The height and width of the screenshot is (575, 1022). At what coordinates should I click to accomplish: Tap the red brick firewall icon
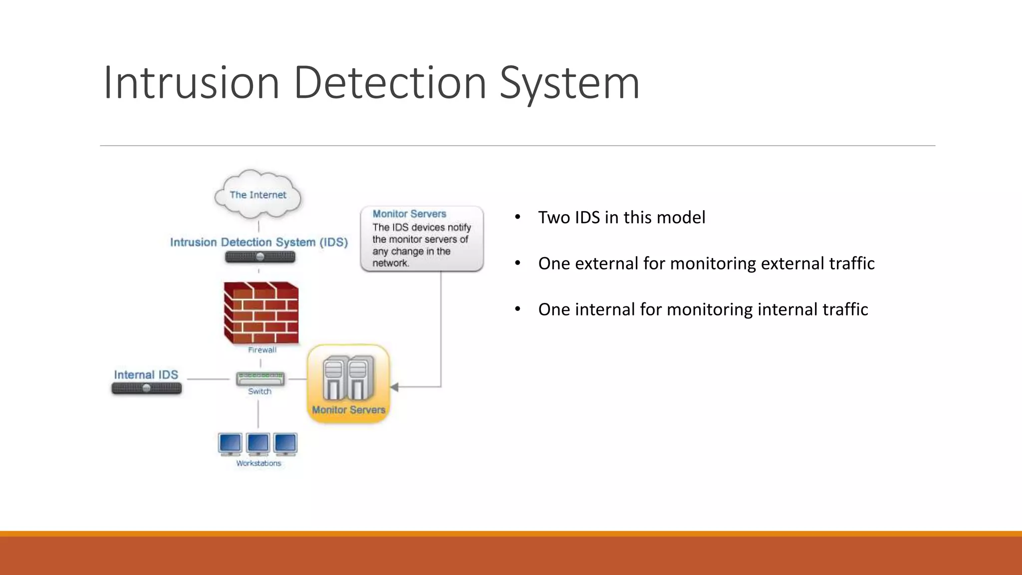[x=261, y=313]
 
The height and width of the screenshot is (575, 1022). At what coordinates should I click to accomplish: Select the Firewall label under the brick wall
[x=262, y=350]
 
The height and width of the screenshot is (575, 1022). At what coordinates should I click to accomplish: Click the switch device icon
[x=260, y=379]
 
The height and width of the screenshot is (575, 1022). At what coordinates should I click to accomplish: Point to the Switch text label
[x=260, y=391]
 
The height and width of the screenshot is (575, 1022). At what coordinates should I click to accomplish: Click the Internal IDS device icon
[x=146, y=388]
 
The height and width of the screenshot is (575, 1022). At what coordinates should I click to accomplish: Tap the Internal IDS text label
[x=146, y=375]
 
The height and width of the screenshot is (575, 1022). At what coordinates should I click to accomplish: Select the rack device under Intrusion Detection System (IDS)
[x=260, y=257]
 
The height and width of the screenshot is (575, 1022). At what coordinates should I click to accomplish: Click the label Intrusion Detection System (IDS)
[x=258, y=242]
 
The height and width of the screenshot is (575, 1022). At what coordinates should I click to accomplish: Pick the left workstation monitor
[x=230, y=444]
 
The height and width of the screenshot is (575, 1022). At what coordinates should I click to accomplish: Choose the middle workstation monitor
[x=258, y=444]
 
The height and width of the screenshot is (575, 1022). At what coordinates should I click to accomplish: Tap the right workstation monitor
[x=285, y=444]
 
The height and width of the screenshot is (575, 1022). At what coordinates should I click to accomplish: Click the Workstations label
[x=258, y=463]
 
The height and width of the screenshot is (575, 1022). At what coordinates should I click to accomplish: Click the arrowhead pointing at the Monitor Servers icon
[x=394, y=387]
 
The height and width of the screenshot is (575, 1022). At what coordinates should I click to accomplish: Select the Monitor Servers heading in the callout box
[x=409, y=214]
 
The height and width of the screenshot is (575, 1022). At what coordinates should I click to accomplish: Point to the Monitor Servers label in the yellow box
[x=348, y=410]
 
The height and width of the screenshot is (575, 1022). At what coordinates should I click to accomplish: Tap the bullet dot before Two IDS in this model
[x=517, y=217]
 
